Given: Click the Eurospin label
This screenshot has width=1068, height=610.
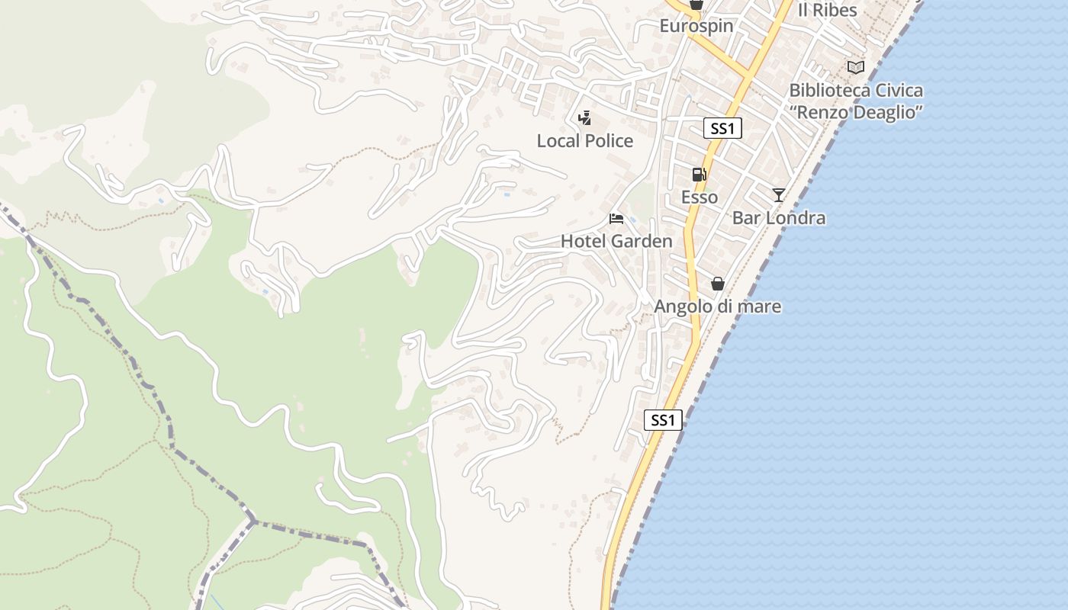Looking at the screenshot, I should (x=696, y=26).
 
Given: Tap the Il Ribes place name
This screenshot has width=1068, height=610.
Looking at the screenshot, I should (x=827, y=11).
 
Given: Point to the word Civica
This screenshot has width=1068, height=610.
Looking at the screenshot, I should (x=899, y=91).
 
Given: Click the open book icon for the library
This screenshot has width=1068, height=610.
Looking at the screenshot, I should (x=856, y=68).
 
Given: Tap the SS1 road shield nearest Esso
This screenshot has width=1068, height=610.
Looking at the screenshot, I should (x=722, y=129).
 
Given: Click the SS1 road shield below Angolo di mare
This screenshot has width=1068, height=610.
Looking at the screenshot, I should (x=663, y=420).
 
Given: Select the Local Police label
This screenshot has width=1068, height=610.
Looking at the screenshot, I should (x=584, y=141).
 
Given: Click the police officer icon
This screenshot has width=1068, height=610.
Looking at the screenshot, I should (x=584, y=118).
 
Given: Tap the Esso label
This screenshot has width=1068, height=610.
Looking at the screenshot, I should (x=699, y=197).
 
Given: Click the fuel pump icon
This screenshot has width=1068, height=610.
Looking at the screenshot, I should (x=699, y=175).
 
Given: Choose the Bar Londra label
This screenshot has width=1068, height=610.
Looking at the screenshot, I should (x=778, y=218).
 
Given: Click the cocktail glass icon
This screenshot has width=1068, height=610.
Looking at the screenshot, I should (x=778, y=195).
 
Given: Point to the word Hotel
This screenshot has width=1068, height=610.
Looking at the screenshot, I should (x=581, y=242).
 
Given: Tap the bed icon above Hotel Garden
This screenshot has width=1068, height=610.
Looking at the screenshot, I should (x=616, y=220).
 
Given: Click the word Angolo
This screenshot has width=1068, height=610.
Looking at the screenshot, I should (x=680, y=307).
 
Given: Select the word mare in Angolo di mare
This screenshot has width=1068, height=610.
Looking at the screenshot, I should (x=760, y=307).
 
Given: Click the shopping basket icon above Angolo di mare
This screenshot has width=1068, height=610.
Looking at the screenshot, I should (x=717, y=284).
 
